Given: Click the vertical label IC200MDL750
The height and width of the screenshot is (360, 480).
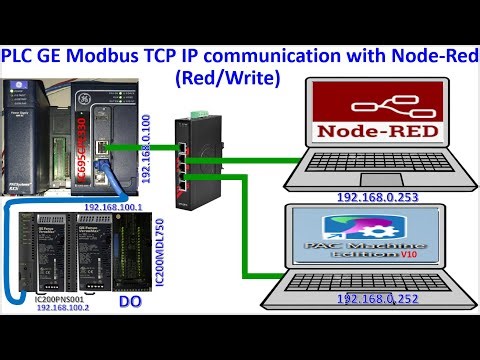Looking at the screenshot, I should click(x=159, y=261).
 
